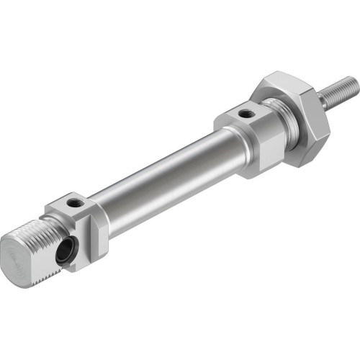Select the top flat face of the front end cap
245,114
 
